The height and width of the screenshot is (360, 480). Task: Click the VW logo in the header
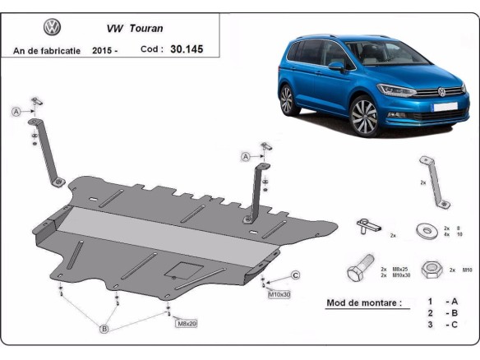tap(51, 27)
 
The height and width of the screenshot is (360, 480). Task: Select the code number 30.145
tap(186, 49)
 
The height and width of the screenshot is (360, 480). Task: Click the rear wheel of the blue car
tap(287, 99)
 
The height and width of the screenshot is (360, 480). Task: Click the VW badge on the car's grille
tap(441, 92)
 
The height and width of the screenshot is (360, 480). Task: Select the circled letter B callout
tap(104, 330)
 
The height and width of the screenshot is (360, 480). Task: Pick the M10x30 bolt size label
tap(279, 293)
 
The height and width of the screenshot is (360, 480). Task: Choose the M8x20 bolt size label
tap(186, 324)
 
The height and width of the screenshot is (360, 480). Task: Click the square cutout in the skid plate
tap(181, 270)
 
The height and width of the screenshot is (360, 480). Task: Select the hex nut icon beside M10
tap(428, 269)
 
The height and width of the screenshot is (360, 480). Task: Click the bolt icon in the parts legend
tap(360, 270)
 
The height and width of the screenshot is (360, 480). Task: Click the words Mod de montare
tap(364, 302)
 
